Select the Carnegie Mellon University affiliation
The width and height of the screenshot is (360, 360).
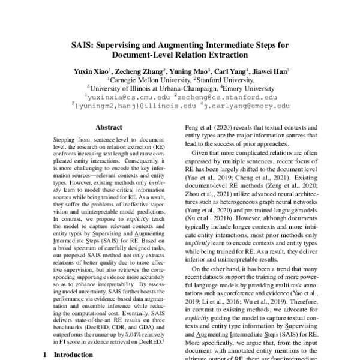coord(149,79)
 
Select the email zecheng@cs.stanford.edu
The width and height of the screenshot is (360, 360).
coord(227,96)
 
